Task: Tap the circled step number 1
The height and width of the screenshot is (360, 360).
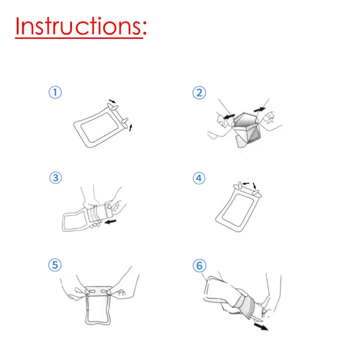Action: click(x=55, y=93)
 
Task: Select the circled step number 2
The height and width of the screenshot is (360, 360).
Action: click(x=199, y=93)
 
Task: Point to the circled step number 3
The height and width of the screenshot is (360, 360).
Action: click(x=55, y=178)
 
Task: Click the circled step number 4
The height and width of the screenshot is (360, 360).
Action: click(x=199, y=179)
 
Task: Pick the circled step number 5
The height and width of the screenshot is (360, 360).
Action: click(x=55, y=265)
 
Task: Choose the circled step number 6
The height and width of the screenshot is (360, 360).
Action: click(x=199, y=266)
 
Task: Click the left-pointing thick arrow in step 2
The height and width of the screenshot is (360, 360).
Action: click(x=229, y=117)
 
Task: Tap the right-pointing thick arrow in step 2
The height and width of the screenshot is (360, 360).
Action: click(x=260, y=109)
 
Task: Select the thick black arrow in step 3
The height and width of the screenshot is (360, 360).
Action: click(x=110, y=222)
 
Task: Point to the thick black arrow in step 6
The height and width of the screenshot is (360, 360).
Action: click(x=261, y=327)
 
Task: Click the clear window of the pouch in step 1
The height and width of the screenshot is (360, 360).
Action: click(x=100, y=127)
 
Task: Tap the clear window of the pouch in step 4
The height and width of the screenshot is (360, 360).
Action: click(x=238, y=210)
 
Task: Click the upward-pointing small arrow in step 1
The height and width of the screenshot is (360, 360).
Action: click(x=131, y=128)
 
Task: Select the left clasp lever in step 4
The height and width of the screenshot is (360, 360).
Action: click(x=240, y=185)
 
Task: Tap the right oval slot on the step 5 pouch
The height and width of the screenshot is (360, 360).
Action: click(x=105, y=292)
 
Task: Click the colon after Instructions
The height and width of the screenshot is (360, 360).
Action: click(x=144, y=29)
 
